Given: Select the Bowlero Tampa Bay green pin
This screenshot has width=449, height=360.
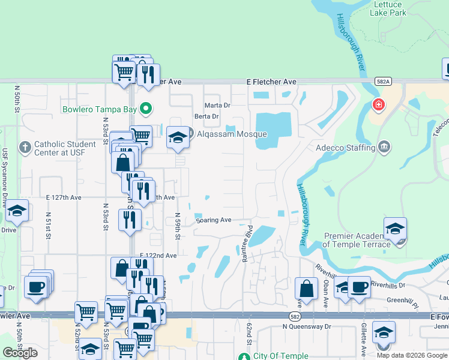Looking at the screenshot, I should coord(145,109).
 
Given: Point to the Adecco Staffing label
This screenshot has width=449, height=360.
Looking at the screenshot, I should coord(346,147).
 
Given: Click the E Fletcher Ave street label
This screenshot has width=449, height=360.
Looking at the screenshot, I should coord(271,82).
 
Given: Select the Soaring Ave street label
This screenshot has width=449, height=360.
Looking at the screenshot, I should coord(213,220).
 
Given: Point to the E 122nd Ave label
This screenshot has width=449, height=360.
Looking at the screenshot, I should coord(158,256).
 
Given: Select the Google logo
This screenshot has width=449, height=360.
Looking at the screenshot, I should coord(20,353).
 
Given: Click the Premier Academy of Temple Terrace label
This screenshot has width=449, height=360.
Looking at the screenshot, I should coord(357,240).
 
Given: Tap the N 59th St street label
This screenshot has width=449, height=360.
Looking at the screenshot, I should coord(178,226).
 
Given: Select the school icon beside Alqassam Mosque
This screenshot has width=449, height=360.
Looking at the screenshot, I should coord(178,137).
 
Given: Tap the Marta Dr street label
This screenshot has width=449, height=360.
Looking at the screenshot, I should coord(217,106).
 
